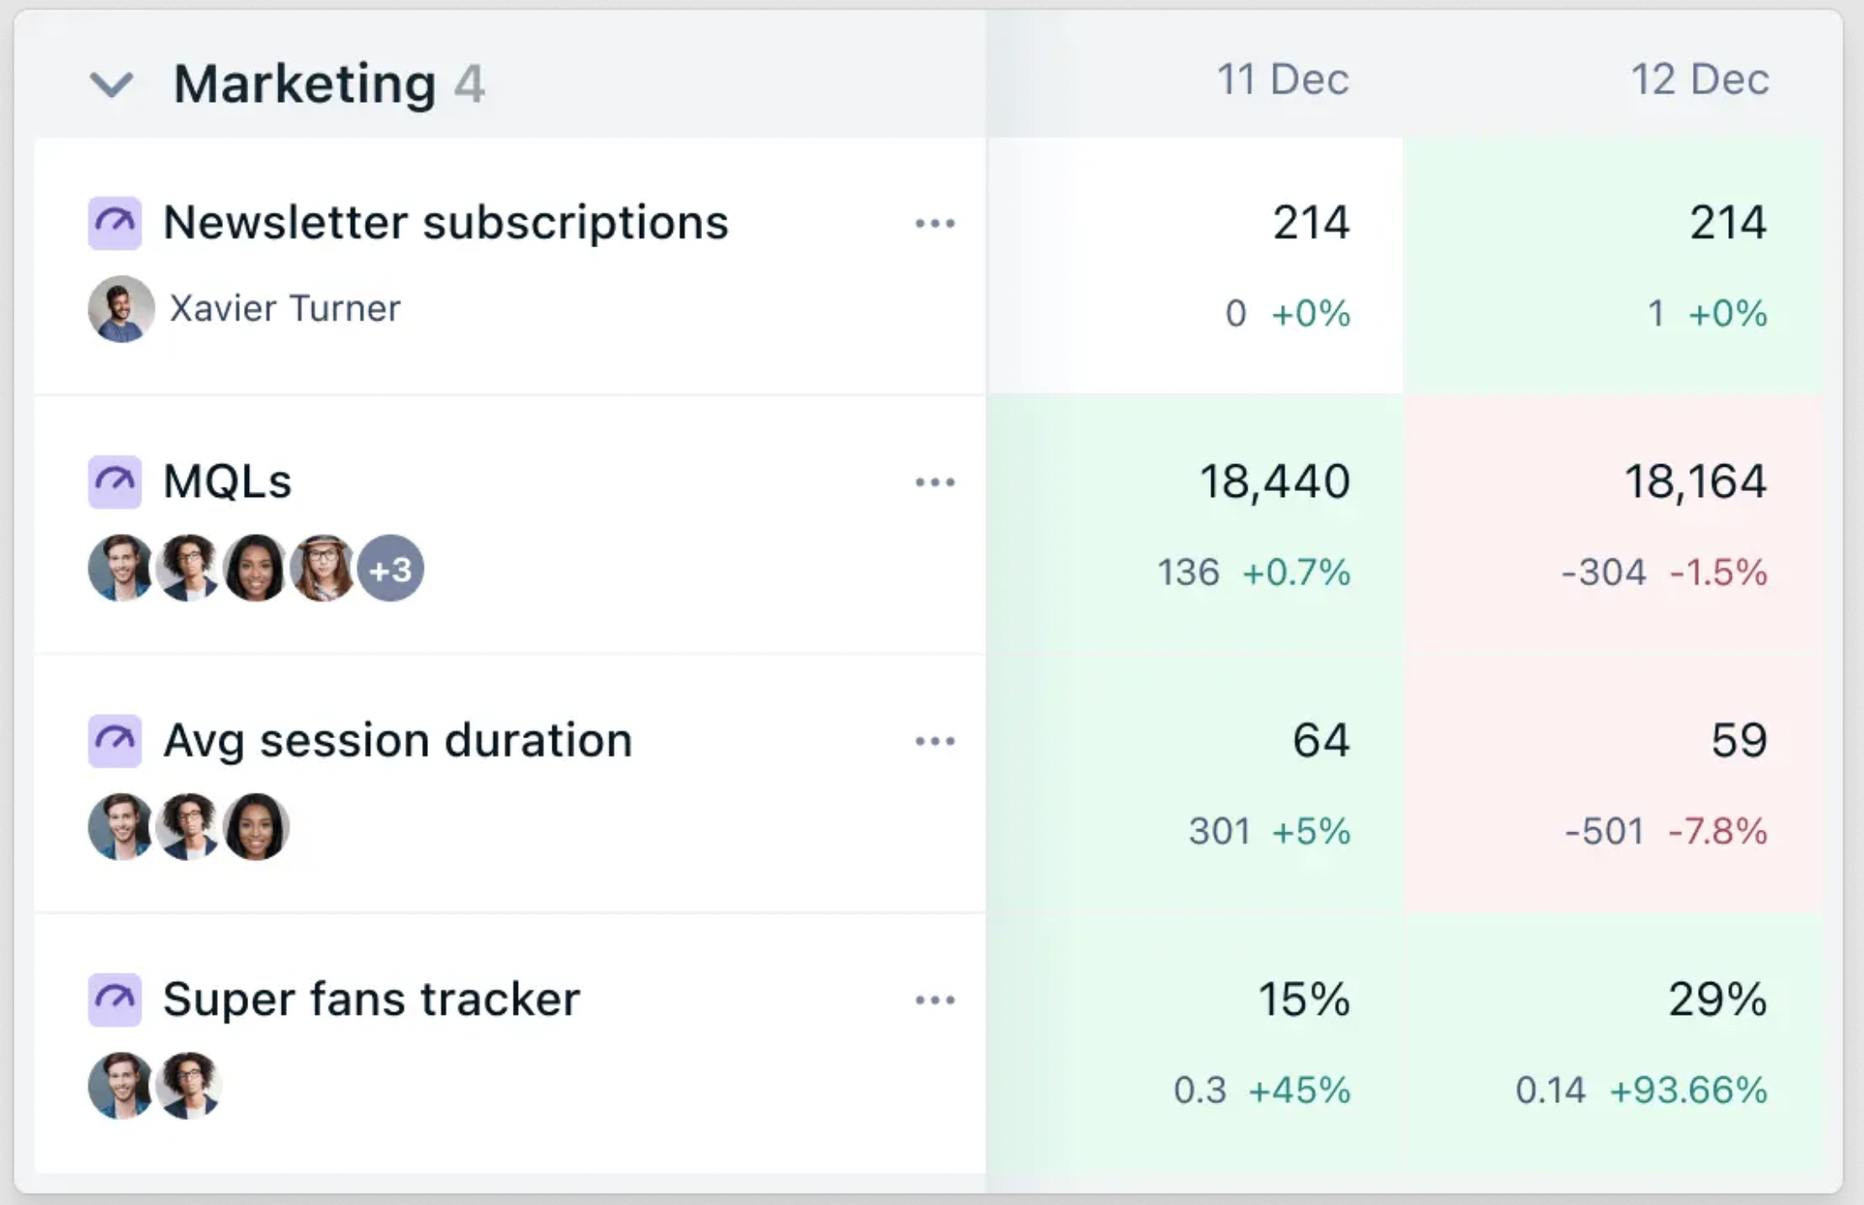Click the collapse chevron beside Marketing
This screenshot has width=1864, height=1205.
coord(112,85)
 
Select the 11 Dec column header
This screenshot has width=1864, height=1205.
coord(1282,80)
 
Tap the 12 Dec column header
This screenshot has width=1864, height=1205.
coord(1700,80)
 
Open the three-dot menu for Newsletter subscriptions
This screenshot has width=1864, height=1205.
coord(935,224)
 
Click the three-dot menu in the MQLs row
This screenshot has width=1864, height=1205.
coord(935,482)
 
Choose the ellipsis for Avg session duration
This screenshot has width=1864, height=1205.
coord(935,741)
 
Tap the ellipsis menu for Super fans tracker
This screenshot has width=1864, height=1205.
coord(935,1000)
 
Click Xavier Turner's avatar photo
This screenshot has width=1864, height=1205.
coord(121,309)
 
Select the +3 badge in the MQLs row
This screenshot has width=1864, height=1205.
coord(391,569)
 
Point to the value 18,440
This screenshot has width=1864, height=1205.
coord(1274,481)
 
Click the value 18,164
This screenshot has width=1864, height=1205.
coord(1695,481)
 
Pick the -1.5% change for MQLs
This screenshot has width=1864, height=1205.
coord(1718,572)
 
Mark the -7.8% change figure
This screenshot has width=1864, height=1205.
coord(1717,831)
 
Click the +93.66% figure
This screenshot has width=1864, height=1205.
coord(1688,1090)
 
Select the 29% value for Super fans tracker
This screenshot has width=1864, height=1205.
coord(1717,999)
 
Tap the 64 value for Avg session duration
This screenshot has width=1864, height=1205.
coord(1320,741)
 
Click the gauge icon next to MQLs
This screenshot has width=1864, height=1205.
coord(115,481)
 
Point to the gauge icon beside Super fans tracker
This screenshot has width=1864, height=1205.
coord(115,999)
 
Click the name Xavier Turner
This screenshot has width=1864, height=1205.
coord(284,309)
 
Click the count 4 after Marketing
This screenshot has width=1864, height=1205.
coord(469,85)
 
